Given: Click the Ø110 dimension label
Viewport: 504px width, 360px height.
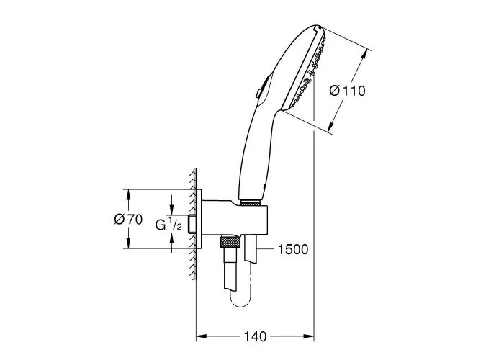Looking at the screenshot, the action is click(348, 91).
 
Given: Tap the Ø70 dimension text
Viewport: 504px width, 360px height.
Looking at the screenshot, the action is click(129, 220).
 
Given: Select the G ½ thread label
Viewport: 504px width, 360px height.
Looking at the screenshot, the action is click(168, 225).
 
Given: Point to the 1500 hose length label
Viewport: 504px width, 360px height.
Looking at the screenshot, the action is click(293, 249).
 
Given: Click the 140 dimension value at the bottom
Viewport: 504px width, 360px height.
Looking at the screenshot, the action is click(255, 336).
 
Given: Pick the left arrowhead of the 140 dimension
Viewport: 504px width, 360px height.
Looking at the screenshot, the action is click(201, 336).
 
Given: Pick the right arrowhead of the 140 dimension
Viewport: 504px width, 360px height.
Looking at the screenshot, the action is click(309, 336).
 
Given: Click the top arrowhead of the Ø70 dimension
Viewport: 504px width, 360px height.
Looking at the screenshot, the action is click(128, 195).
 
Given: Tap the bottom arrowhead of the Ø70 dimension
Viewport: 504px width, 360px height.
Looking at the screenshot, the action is click(128, 243).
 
